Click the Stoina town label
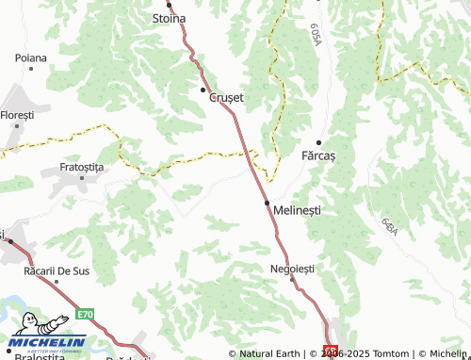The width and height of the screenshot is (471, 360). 170,18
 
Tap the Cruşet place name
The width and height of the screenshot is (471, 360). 225,97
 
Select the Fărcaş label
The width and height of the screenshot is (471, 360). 318,154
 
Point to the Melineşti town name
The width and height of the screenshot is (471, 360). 297,211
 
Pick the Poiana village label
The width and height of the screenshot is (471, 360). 31,57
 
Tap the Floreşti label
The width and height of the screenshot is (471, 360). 16,114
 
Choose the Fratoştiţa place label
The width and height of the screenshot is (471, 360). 82,166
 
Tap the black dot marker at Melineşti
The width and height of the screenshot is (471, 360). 268,203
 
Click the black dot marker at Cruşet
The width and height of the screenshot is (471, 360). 203,90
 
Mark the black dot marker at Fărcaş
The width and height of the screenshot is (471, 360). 318,141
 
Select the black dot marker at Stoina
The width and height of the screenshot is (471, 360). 170,5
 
